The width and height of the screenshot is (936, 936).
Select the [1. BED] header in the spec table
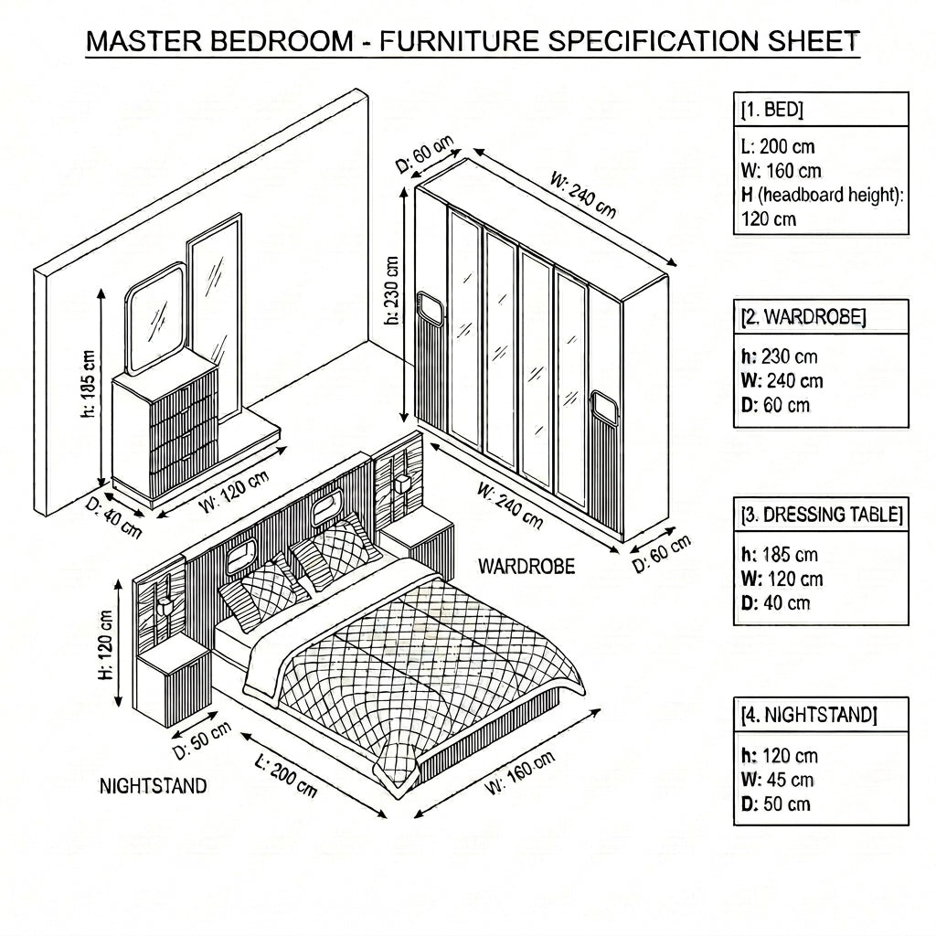[772, 110]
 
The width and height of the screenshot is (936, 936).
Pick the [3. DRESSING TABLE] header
[822, 515]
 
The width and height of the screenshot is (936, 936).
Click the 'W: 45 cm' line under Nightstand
[777, 780]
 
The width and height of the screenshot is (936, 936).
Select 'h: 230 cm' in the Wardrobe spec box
[779, 356]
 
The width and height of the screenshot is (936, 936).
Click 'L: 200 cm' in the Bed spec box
[777, 146]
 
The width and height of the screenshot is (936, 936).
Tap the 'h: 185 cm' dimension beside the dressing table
[89, 384]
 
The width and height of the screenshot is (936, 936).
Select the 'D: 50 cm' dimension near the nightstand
[201, 740]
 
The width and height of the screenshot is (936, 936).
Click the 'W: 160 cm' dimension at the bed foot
[520, 773]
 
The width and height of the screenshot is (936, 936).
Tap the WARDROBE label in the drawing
[526, 567]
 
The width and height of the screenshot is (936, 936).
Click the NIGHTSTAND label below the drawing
[153, 786]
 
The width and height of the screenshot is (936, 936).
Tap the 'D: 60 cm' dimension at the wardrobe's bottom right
[662, 553]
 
